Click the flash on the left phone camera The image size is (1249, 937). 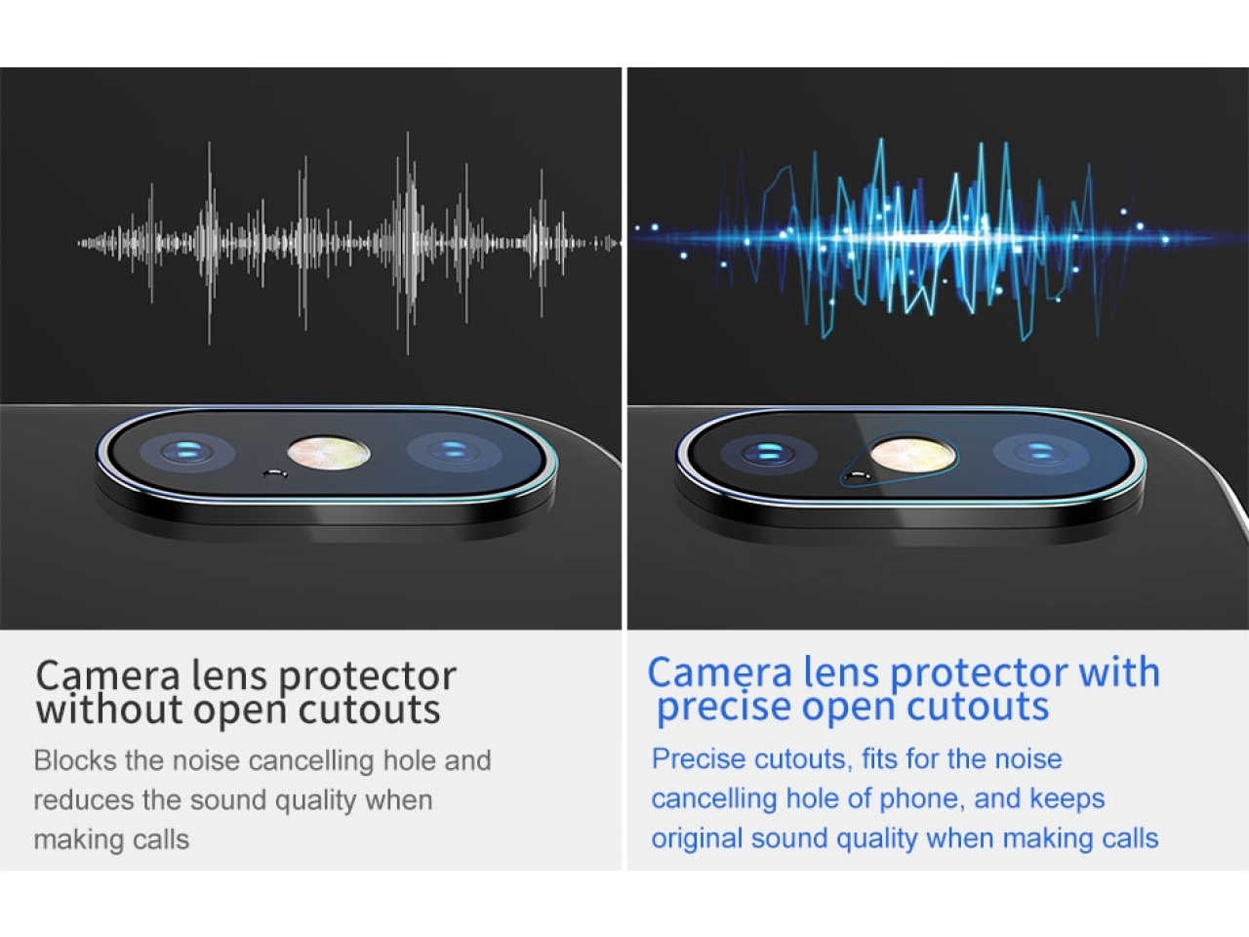click(328, 454)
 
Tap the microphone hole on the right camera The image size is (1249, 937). click(858, 475)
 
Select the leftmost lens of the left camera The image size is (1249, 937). click(186, 453)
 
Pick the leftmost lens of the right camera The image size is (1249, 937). click(768, 455)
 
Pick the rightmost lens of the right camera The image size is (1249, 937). click(1041, 455)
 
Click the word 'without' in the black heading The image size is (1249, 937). click(110, 709)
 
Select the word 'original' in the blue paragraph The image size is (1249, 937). click(697, 838)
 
